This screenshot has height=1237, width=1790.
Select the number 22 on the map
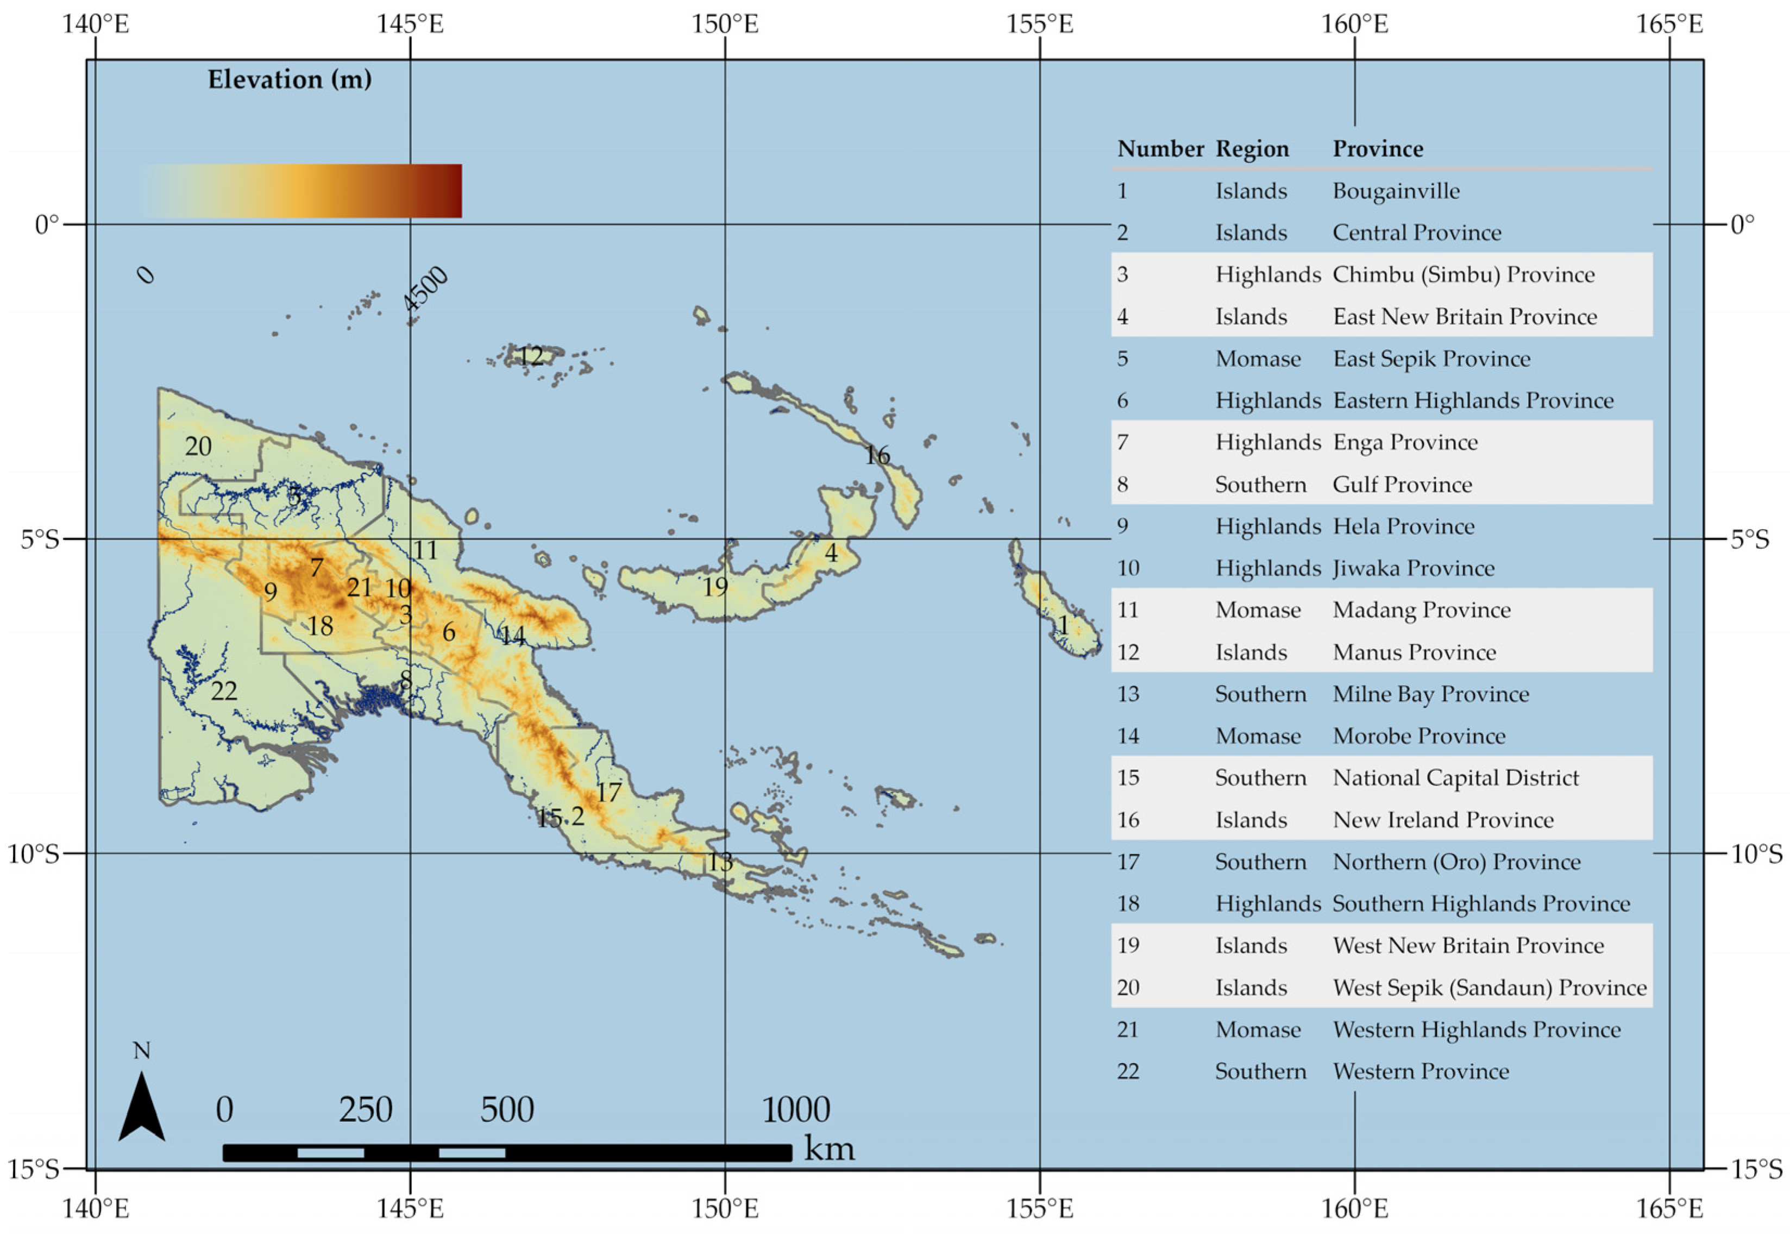[223, 690]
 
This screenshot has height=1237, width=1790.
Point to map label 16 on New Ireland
[877, 455]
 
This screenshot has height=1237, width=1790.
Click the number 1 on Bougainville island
[1063, 625]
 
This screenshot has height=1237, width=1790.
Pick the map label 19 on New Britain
[715, 587]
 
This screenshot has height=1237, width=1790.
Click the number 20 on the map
[198, 447]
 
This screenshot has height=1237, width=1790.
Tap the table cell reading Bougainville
[1396, 191]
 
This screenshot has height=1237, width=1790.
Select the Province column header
[1378, 149]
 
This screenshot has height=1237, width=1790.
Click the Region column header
[1252, 149]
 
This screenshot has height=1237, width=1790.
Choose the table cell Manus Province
[1414, 652]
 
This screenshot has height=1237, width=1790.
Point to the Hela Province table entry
[1403, 527]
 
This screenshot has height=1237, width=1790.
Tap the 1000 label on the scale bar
[796, 1110]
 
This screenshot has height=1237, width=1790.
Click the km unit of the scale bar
[829, 1148]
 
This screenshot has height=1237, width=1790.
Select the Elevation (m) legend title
[289, 79]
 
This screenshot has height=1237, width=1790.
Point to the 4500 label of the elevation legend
[425, 288]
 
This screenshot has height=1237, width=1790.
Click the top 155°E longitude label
[1039, 24]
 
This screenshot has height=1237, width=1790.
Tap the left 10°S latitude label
[33, 854]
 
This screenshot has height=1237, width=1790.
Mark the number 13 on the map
[720, 862]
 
